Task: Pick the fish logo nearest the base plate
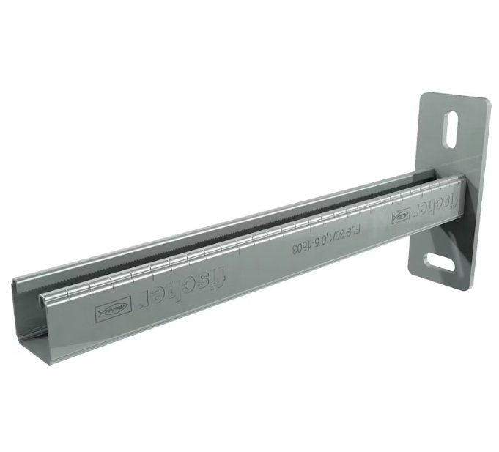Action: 401,217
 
